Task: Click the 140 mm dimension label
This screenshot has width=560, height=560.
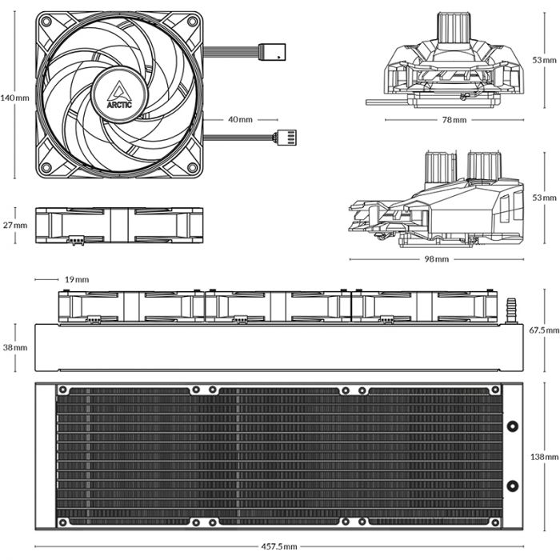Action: pos(15,98)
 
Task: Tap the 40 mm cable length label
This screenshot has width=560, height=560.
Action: pos(240,119)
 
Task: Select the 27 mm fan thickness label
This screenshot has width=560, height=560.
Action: pos(14,225)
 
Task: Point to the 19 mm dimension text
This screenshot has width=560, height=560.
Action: pos(76,279)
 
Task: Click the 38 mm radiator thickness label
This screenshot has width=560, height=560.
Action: pos(14,348)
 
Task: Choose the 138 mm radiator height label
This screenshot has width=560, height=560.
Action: pos(543,456)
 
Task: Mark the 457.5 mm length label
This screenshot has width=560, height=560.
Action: pos(278,546)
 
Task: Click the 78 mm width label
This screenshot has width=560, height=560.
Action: pos(453,120)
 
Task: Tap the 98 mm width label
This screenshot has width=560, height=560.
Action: pos(437,260)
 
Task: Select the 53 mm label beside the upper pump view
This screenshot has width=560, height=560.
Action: pos(542,60)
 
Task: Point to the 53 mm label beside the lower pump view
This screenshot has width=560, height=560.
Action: pos(542,197)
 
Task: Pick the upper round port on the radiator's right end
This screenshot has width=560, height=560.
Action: pos(513,426)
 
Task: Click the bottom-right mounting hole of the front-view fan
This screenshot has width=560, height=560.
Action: pos(190,166)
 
